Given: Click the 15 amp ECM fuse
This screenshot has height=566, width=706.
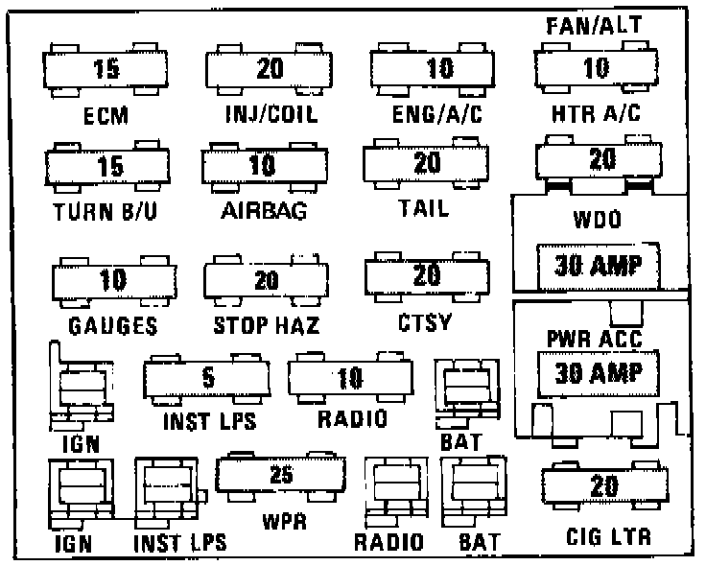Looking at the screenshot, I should (106, 69).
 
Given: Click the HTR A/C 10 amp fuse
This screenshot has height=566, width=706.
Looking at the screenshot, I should (597, 69).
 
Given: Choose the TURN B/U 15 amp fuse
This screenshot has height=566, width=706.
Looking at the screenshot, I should (107, 166).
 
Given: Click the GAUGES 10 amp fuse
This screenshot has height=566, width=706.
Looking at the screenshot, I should (113, 281).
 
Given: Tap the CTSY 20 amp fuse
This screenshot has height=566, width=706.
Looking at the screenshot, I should (426, 276).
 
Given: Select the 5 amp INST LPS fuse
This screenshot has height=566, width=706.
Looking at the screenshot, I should (207, 378).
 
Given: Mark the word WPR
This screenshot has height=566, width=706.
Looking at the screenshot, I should (284, 525).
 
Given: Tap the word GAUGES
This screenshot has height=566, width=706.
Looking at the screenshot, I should (113, 325).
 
